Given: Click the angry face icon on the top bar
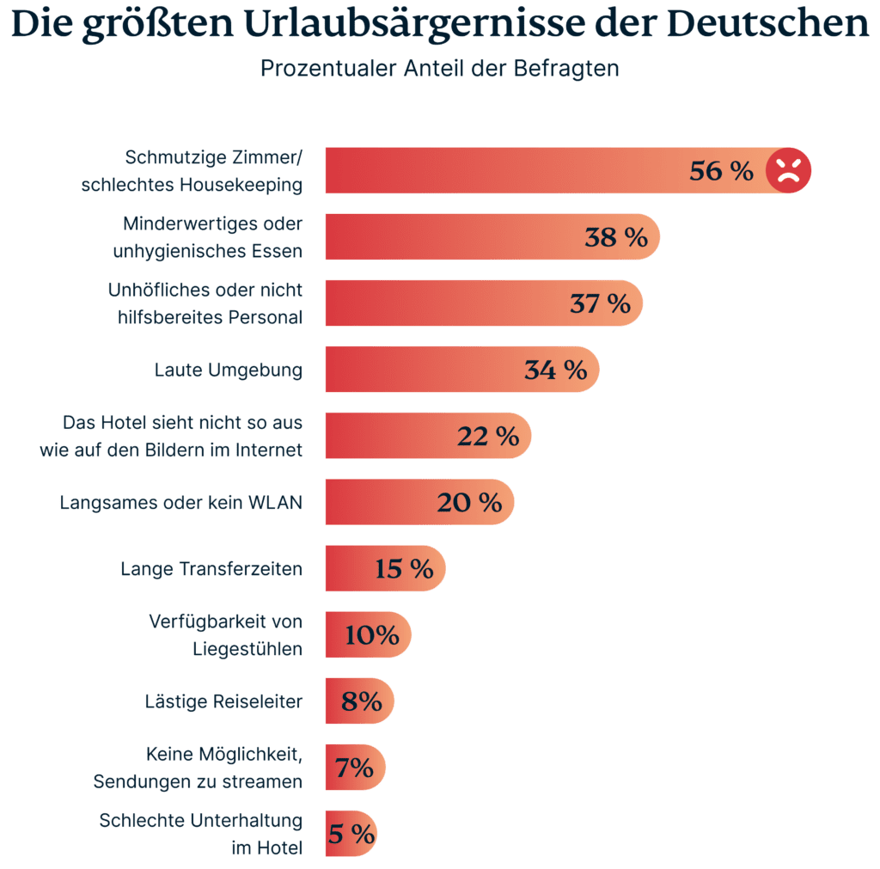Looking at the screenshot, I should [x=788, y=170].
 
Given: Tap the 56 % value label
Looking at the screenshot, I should [x=721, y=171].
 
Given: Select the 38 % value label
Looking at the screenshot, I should [x=616, y=237].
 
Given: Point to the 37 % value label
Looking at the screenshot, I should [x=600, y=303].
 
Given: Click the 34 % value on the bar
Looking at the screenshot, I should [x=555, y=370].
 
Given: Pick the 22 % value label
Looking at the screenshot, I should [x=488, y=436].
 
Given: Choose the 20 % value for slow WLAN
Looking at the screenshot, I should [x=469, y=502].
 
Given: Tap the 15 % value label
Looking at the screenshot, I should [x=404, y=568].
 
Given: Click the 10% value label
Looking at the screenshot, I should [x=372, y=635].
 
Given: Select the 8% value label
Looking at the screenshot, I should [x=361, y=701].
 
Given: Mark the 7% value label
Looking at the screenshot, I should [x=354, y=768].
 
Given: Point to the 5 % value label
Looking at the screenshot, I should [x=351, y=834].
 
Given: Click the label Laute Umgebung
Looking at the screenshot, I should [x=228, y=370].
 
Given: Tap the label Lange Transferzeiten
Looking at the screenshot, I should [x=211, y=569].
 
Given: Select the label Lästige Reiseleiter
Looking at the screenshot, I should [x=223, y=701].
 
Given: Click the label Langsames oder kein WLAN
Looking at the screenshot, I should [x=180, y=503].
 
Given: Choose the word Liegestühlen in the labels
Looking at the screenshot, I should [x=247, y=649].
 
